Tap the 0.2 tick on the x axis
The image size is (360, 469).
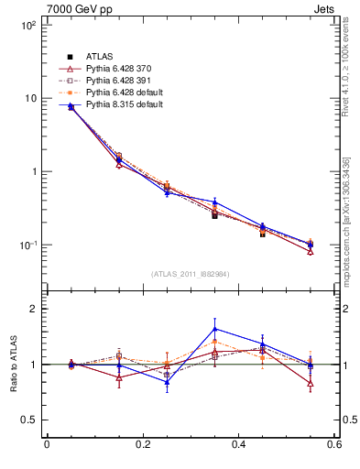pos(142,445)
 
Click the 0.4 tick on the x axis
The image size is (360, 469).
pos(238,445)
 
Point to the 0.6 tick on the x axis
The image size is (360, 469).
pos(333,445)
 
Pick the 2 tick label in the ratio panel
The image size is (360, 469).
pos(32,309)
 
